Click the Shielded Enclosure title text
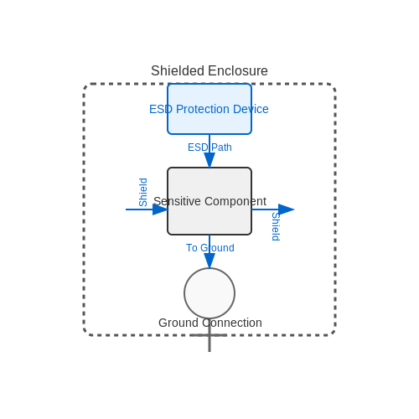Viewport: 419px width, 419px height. [x=209, y=70]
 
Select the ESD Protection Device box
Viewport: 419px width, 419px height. [x=209, y=109]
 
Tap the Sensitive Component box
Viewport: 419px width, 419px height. [x=209, y=201]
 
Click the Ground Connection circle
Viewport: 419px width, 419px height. [x=209, y=293]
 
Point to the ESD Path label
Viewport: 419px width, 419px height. [x=209, y=147]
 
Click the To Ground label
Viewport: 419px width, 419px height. [x=210, y=248]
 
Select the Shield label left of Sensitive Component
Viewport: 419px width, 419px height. [x=143, y=192]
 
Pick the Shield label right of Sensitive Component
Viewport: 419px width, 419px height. [x=276, y=226]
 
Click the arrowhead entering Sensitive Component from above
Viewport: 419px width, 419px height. [x=209, y=160]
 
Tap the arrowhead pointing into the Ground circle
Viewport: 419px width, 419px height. [x=209, y=261]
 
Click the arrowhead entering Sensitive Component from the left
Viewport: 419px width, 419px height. [x=160, y=209]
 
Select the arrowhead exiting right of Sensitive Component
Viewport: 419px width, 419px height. [x=286, y=209]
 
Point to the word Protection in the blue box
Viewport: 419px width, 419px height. [x=203, y=109]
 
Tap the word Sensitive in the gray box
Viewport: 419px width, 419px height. [x=177, y=201]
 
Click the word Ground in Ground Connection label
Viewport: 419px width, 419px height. [x=178, y=323]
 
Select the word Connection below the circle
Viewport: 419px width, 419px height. [x=232, y=323]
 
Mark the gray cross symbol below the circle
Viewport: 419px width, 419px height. [x=209, y=335]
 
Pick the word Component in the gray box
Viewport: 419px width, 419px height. [x=235, y=201]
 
